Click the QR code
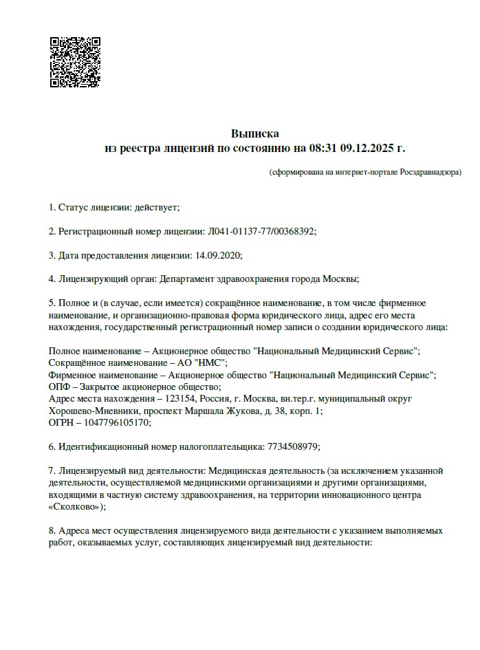click(76, 62)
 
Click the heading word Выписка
click(255, 133)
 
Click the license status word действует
click(157, 207)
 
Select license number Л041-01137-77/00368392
click(261, 231)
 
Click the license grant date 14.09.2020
click(218, 255)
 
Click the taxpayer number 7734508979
click(292, 446)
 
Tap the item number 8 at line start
click(52, 531)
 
